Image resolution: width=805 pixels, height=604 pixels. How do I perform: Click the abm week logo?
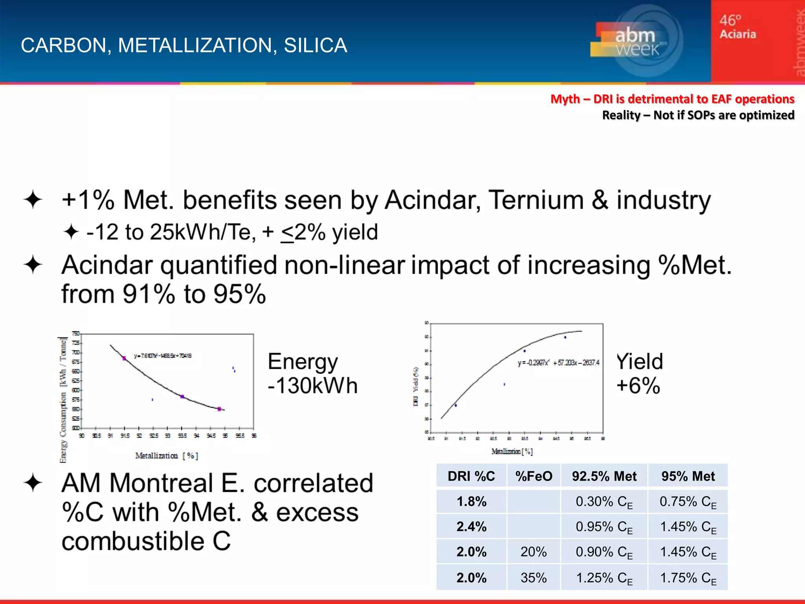[x=636, y=41]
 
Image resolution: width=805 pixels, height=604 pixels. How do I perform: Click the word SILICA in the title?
[x=315, y=45]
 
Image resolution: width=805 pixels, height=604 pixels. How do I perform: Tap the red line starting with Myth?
[x=672, y=99]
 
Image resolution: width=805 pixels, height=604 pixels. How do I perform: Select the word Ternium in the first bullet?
[x=536, y=200]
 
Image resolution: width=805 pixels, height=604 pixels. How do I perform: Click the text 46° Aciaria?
[x=737, y=27]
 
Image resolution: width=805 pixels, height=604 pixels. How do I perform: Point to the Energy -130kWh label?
[x=312, y=373]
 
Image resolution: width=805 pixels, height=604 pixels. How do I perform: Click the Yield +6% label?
[x=639, y=373]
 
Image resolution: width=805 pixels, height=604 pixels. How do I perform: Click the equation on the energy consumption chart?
[x=163, y=356]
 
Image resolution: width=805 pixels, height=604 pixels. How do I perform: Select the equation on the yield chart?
[x=558, y=363]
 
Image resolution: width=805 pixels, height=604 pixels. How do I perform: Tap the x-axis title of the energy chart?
[x=167, y=456]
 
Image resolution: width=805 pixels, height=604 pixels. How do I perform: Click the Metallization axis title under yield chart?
[x=512, y=451]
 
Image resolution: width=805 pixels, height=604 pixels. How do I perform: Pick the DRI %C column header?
[x=471, y=476]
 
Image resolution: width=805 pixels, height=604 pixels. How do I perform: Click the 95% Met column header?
[x=688, y=476]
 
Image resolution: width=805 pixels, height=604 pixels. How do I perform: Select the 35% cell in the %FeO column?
[x=533, y=578]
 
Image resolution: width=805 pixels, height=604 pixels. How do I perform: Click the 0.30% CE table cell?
[x=604, y=502]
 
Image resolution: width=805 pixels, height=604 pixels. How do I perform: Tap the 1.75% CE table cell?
[x=688, y=578]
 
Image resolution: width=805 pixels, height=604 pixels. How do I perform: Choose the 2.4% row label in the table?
[x=471, y=527]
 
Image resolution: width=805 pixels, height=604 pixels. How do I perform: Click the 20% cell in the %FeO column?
[x=533, y=552]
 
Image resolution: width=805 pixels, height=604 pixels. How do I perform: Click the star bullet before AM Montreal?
[x=33, y=483]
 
